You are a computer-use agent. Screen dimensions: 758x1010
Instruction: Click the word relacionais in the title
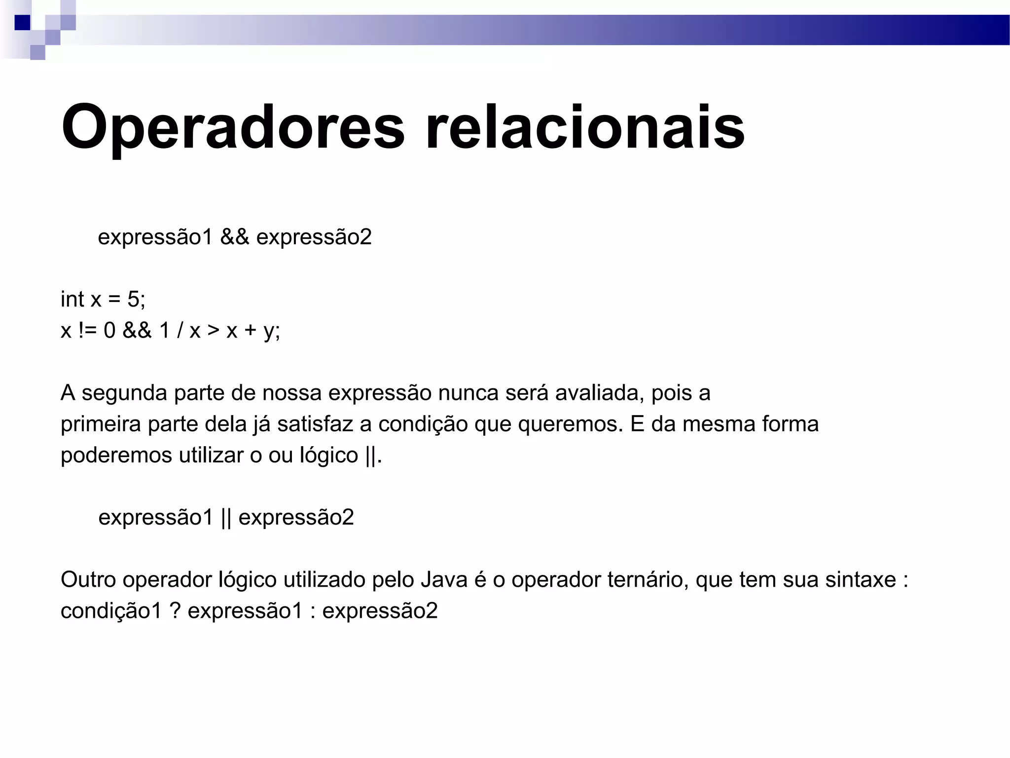coord(585,127)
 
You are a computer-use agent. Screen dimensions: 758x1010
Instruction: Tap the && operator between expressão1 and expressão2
coord(234,237)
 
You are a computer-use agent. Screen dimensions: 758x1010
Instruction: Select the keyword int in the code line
coord(72,299)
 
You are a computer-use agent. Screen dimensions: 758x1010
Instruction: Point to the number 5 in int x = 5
coord(134,299)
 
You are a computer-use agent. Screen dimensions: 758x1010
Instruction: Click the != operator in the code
coord(87,330)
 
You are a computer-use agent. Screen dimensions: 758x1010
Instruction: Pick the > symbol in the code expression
coord(213,330)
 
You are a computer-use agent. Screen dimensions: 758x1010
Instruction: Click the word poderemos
coord(116,455)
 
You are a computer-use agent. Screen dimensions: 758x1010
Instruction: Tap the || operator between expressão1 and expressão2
coord(226,518)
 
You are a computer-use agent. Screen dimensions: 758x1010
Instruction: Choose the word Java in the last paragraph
coord(444,580)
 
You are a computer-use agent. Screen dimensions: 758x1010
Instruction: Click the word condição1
coord(111,611)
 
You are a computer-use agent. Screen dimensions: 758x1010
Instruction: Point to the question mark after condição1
coord(175,611)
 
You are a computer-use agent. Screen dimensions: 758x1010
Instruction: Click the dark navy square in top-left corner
coord(22,23)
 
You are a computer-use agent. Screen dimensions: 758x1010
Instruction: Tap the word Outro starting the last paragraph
coord(88,580)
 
